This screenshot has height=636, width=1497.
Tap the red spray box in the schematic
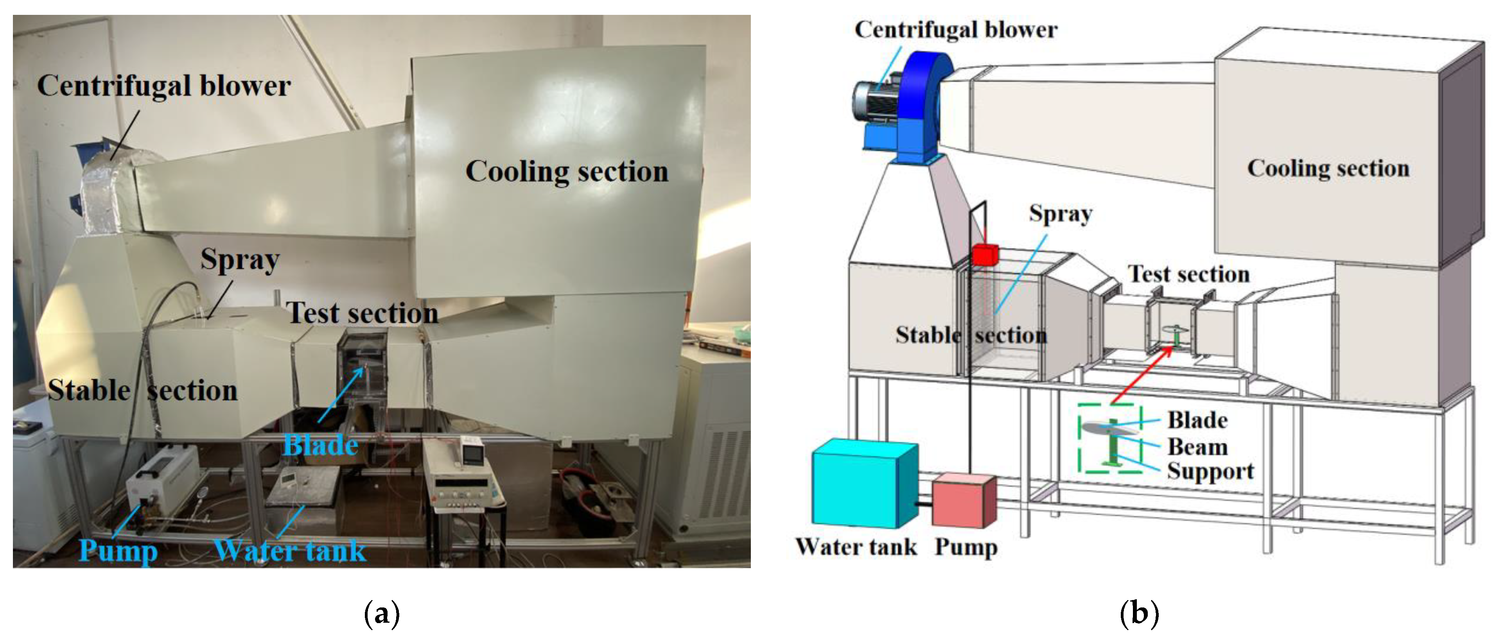984,254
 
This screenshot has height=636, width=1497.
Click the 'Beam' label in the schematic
1198,447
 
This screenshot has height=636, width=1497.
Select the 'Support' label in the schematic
1210,471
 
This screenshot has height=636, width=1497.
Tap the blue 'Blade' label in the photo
320,446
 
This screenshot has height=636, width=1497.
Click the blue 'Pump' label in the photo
118,550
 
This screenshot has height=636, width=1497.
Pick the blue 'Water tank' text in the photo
290,550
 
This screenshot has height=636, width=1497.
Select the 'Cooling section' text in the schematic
1328,168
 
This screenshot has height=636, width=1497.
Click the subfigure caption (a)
382,613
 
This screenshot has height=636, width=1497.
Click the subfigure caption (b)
1139,613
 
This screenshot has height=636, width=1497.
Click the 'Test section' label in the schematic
1189,274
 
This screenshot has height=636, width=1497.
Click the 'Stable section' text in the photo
143,390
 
